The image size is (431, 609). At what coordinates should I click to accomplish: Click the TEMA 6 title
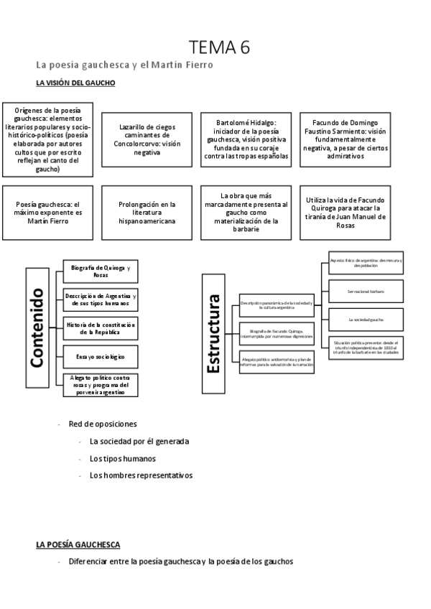(x=220, y=47)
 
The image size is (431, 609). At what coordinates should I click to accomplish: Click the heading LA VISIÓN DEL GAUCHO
(x=75, y=83)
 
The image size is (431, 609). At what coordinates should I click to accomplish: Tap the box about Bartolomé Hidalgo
(x=246, y=139)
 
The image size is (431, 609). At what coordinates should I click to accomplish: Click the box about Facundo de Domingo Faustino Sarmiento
(x=346, y=139)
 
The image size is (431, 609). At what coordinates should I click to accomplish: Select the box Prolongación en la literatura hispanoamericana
(x=147, y=213)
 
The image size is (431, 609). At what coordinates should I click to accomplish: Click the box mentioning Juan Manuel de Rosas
(x=346, y=213)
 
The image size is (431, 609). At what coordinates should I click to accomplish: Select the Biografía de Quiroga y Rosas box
(x=101, y=271)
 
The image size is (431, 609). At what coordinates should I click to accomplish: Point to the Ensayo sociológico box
(x=101, y=356)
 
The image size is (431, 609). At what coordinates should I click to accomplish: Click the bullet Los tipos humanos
(x=123, y=458)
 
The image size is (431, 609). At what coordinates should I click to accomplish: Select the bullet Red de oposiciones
(x=102, y=424)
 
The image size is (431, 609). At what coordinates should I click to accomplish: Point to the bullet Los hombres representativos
(x=141, y=475)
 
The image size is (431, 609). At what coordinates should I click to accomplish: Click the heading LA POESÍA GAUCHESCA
(x=78, y=545)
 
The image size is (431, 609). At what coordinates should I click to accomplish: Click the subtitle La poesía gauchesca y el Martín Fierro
(x=124, y=65)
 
